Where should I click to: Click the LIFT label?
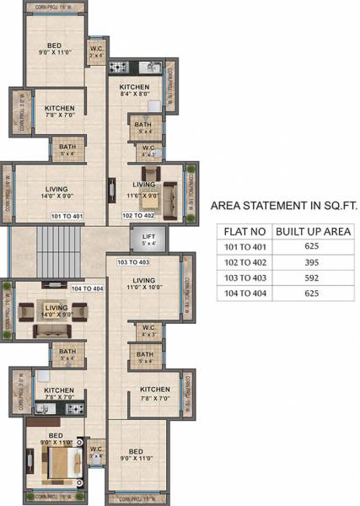[148, 240]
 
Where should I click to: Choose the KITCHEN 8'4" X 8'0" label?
[134, 91]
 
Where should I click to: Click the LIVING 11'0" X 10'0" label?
[144, 285]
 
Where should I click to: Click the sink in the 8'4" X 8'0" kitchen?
[155, 105]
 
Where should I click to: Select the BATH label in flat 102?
[142, 127]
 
